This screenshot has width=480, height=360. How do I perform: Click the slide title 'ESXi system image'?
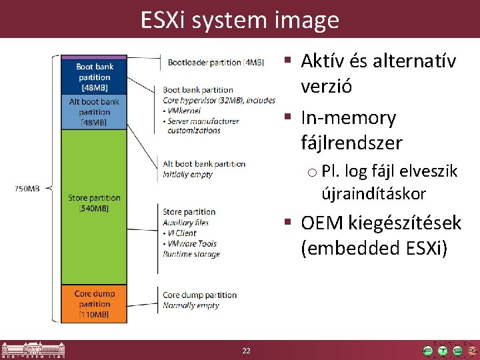[239, 20]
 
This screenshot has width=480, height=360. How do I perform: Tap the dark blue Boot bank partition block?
[95, 77]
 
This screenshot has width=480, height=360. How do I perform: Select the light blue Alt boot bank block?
[95, 112]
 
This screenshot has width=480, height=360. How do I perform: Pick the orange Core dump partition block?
[95, 304]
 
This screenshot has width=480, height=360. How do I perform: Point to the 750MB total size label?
[27, 189]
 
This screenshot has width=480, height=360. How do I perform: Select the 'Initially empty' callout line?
[188, 174]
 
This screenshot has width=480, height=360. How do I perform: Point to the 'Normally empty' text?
[191, 305]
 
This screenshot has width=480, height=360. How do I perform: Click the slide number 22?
[246, 351]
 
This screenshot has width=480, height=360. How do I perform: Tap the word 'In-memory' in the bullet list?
[348, 119]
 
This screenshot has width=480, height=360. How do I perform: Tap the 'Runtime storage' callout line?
[191, 254]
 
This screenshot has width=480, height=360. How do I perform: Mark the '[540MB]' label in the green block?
[95, 209]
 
